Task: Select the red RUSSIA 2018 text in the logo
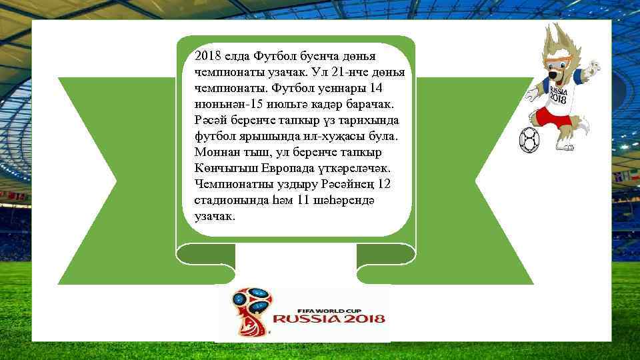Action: click(329, 319)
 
